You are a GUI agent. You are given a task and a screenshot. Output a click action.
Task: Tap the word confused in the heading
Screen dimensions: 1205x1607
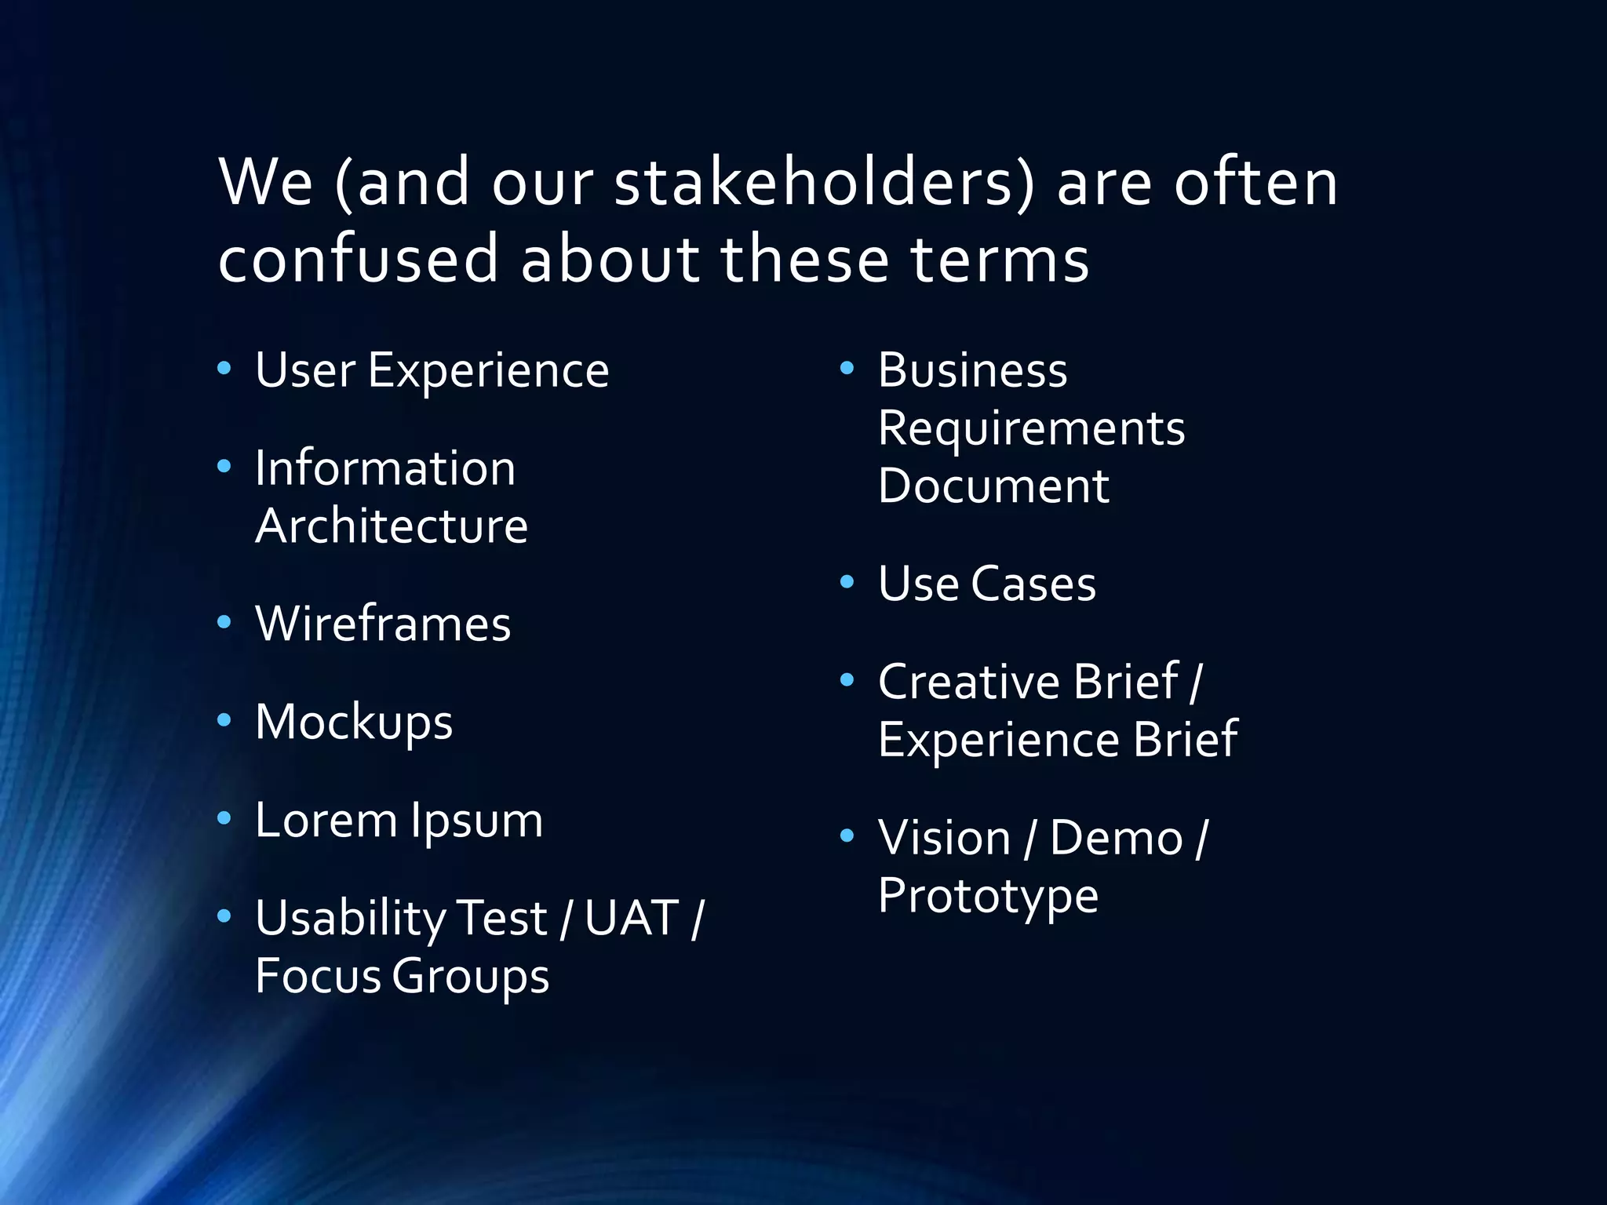click(359, 259)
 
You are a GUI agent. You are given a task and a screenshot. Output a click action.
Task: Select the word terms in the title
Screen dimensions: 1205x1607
click(1000, 259)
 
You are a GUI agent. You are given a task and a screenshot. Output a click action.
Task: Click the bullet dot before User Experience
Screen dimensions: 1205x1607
click(224, 368)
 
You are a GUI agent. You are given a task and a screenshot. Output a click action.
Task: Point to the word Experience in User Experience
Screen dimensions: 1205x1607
click(488, 370)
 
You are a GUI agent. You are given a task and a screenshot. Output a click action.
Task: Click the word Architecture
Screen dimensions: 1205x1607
click(392, 526)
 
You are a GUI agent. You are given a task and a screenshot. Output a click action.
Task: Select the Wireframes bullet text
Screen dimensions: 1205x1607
click(383, 624)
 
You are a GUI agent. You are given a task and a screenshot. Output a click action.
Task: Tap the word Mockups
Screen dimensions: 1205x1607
click(354, 723)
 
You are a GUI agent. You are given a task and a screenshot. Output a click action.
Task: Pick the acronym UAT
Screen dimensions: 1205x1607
click(632, 918)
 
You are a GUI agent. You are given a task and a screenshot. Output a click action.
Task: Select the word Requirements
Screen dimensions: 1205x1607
click(1031, 428)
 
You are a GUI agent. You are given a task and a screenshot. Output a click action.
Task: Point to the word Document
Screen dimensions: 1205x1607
click(993, 486)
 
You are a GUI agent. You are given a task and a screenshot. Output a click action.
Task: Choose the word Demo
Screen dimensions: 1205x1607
click(1116, 839)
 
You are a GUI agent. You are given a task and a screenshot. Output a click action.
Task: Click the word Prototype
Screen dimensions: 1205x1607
click(988, 897)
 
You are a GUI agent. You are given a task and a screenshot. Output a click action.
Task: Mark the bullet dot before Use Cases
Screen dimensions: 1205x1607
click(847, 582)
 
